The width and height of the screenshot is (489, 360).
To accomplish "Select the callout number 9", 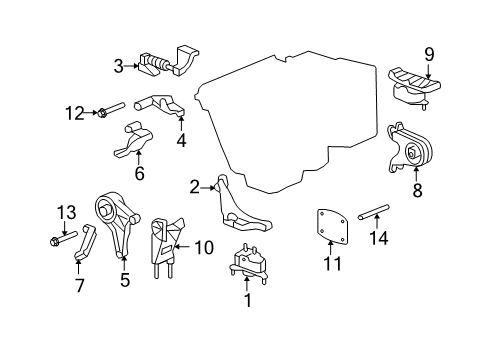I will pos(429,54).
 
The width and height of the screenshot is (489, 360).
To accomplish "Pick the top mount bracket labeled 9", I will pos(415,88).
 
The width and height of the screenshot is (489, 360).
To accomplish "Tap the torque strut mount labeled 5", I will pos(115,226).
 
